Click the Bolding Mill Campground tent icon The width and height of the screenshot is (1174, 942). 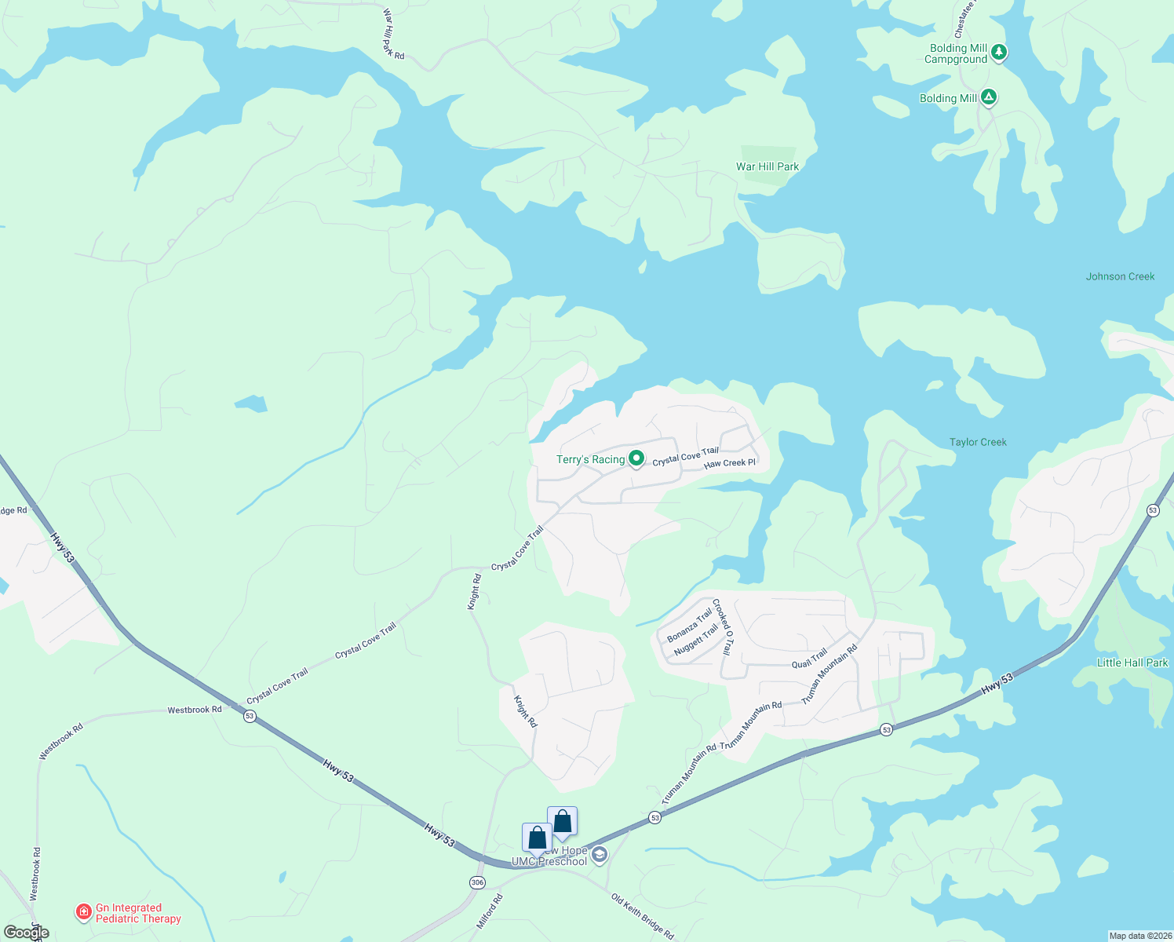pyautogui.click(x=998, y=53)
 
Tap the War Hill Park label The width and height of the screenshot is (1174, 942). pyautogui.click(x=767, y=166)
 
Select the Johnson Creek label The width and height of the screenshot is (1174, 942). pyautogui.click(x=1120, y=276)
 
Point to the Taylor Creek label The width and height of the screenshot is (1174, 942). pyautogui.click(x=978, y=442)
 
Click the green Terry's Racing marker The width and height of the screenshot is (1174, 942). pyautogui.click(x=636, y=458)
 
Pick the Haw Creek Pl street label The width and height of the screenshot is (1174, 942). pyautogui.click(x=729, y=463)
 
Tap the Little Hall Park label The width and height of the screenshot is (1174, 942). pyautogui.click(x=1132, y=663)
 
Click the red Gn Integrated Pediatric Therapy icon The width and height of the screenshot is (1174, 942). pyautogui.click(x=83, y=912)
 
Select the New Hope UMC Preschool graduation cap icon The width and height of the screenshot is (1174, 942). pyautogui.click(x=600, y=855)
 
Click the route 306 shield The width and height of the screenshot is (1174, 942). pyautogui.click(x=477, y=883)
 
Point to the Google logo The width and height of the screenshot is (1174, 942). pyautogui.click(x=26, y=933)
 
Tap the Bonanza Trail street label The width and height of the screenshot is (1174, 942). pyautogui.click(x=689, y=624)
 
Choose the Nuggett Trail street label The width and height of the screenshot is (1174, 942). pyautogui.click(x=696, y=641)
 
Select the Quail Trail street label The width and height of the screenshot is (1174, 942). pyautogui.click(x=809, y=659)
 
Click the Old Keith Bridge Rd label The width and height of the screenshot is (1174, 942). pyautogui.click(x=642, y=915)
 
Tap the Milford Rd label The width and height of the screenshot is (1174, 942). pyautogui.click(x=489, y=912)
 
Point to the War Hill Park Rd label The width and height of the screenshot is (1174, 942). pyautogui.click(x=393, y=34)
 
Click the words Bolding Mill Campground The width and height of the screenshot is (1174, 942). pyautogui.click(x=955, y=53)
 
